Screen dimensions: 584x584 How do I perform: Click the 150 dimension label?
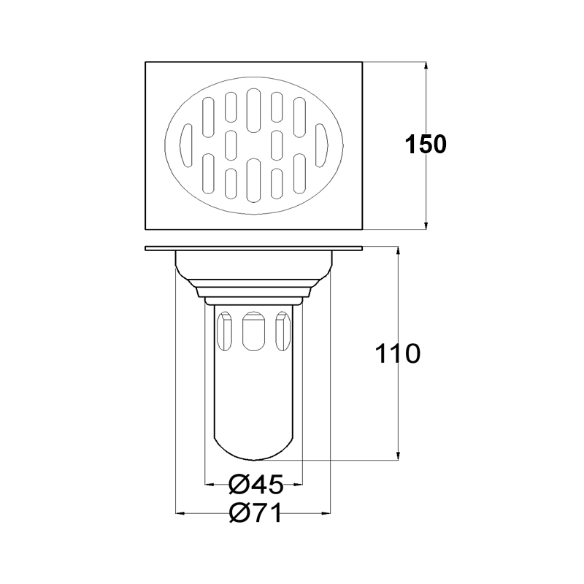point(426,144)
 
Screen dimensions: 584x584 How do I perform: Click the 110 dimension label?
point(397,354)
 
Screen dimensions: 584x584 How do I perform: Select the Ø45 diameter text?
point(256,485)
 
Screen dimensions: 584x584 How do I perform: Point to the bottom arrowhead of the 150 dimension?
point(426,224)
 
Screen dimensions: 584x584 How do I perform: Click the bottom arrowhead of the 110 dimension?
point(398,455)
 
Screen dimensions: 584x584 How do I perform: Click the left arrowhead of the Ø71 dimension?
point(180,514)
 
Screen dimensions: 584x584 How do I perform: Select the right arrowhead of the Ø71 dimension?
point(326,514)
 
